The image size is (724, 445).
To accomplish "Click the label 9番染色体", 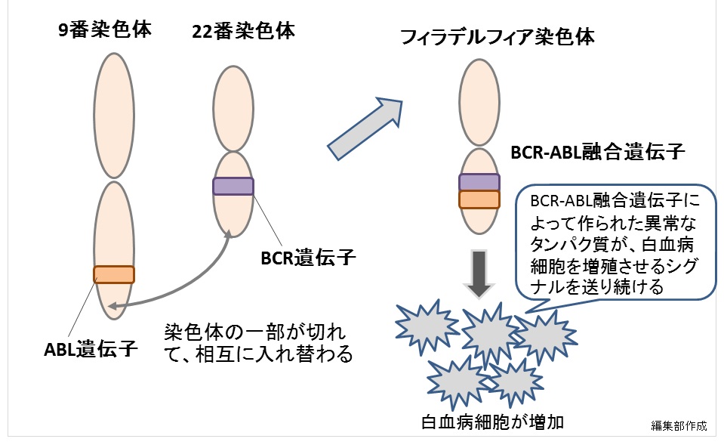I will (105, 31).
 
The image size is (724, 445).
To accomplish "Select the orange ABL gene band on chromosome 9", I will (114, 274).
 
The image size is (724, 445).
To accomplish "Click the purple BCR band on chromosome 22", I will (233, 186).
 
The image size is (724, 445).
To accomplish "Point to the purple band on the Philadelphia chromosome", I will (479, 181).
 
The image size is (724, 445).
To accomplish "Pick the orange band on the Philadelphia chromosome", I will (479, 199).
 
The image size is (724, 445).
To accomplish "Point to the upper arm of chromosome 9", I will (114, 113).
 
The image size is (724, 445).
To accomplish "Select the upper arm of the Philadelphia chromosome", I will (480, 103).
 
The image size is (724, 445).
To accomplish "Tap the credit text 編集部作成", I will (679, 425).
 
